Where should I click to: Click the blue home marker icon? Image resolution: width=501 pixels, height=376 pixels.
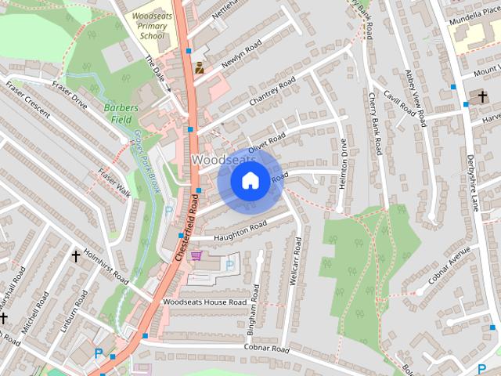tap(250, 181)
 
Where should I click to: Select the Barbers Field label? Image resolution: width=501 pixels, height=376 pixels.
tap(121, 114)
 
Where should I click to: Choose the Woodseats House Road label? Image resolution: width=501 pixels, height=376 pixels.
tap(204, 302)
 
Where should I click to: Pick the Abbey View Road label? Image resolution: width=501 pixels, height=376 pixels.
tap(416, 98)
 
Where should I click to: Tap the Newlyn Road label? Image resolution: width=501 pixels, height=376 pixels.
tap(240, 56)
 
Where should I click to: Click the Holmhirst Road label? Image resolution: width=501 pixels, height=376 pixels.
tap(106, 266)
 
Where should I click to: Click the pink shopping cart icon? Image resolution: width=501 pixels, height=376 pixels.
tap(196, 255)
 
